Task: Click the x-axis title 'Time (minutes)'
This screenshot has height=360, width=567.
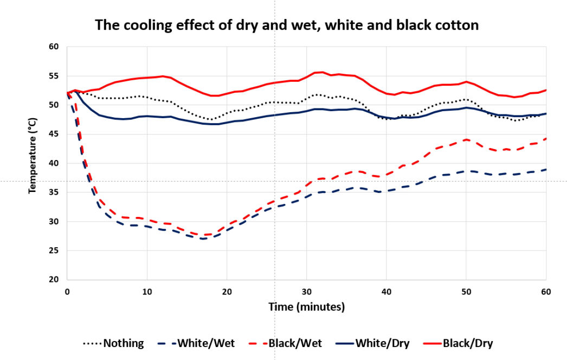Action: pos(307,306)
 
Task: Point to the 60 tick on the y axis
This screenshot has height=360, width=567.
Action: pos(54,47)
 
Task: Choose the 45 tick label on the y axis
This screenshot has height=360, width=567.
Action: pos(54,134)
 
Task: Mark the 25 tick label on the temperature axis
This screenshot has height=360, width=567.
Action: pos(54,250)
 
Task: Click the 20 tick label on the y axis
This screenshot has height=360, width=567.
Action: pos(54,280)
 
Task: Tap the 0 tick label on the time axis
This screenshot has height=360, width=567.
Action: pos(67,291)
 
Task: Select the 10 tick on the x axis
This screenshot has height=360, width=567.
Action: pos(147,291)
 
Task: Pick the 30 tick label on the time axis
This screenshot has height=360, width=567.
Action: pos(307,291)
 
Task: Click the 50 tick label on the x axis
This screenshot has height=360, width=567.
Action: pos(466,291)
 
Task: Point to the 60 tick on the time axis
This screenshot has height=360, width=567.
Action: pos(546,291)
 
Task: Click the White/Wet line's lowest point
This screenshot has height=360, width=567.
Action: pos(203,239)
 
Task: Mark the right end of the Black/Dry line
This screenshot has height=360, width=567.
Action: pos(546,90)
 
